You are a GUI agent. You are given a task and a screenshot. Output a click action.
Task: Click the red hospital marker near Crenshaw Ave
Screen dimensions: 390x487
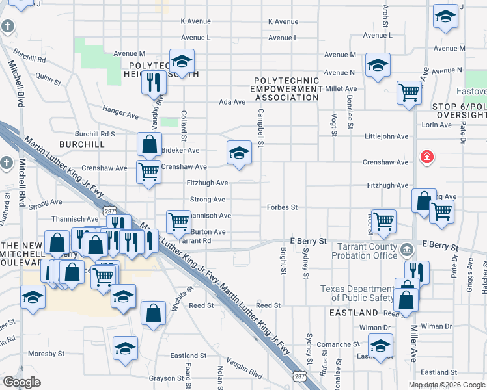pos(427,157)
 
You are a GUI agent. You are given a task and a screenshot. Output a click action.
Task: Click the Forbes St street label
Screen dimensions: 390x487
pos(282,207)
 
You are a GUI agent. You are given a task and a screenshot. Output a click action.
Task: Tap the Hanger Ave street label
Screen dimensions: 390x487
pos(120,112)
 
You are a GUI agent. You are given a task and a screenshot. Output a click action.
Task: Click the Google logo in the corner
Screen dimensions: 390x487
pos(21,382)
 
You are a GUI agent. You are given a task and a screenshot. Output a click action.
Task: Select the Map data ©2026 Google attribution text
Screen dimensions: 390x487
pos(447,385)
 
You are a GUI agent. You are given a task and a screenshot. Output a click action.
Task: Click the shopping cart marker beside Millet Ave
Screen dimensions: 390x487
pos(409,92)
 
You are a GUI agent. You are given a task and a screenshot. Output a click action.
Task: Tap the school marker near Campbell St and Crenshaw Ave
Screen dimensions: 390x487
pos(239,153)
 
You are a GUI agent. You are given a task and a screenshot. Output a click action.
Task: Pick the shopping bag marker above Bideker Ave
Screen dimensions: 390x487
pos(149,144)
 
